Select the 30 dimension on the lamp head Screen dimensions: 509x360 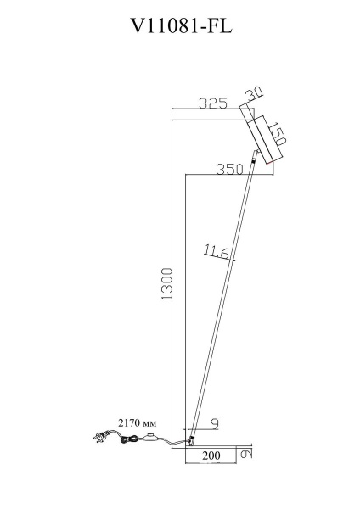254,93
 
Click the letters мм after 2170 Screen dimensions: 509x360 149,421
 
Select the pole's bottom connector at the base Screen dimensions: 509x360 192,440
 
